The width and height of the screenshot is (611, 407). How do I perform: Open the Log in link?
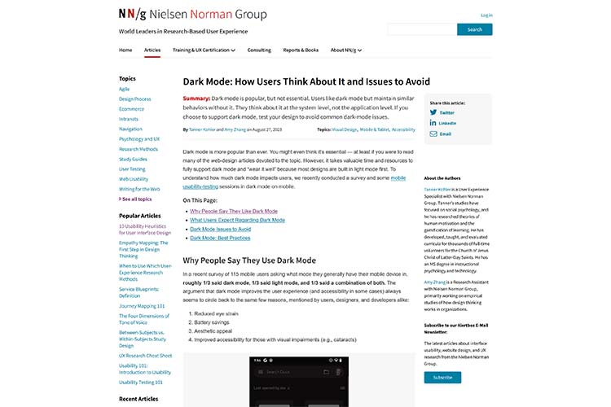[x=486, y=15]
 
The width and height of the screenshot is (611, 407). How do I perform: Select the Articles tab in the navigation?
[x=152, y=50]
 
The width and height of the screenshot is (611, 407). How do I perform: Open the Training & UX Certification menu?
[x=204, y=50]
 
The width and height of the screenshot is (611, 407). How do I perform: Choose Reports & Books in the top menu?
[x=301, y=50]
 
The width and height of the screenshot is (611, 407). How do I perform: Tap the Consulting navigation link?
[x=259, y=50]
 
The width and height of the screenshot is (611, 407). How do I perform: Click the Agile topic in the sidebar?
[x=125, y=89]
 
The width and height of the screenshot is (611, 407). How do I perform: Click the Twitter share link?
[x=447, y=112]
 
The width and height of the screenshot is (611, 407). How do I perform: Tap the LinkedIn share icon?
[x=434, y=123]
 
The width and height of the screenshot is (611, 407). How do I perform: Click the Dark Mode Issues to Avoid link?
[x=220, y=229]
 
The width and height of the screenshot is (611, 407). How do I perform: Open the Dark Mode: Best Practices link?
[x=220, y=238]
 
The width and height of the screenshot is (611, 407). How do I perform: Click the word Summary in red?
[x=196, y=98]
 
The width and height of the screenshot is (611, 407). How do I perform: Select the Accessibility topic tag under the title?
[x=403, y=129]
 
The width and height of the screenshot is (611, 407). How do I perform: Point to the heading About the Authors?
[x=443, y=178]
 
